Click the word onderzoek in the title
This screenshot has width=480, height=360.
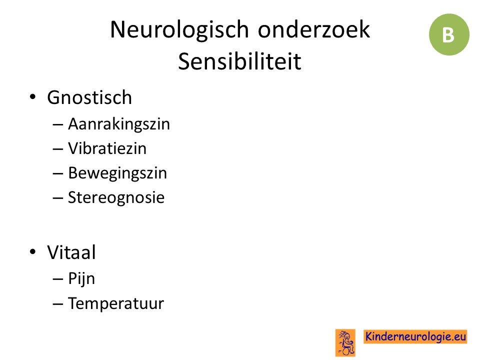(314, 29)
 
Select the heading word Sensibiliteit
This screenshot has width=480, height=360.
(239, 61)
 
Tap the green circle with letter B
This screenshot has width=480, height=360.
(449, 34)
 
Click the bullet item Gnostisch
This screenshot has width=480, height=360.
(89, 97)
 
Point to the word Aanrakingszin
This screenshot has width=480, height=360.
(119, 124)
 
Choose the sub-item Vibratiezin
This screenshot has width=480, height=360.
(107, 148)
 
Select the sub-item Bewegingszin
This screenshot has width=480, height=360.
(117, 173)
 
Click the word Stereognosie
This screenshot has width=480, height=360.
(116, 198)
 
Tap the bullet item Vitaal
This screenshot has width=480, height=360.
(71, 252)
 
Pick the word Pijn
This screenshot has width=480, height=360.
(81, 279)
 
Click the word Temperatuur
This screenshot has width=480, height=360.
(116, 303)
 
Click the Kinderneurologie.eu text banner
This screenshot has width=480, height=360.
(415, 336)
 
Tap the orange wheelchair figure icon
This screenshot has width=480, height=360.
(345, 342)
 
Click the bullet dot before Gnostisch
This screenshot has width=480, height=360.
(33, 97)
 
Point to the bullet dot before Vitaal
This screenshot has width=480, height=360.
(33, 251)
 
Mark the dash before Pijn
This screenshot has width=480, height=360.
(57, 279)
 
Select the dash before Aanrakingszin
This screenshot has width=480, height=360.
(57, 124)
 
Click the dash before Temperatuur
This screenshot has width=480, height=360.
(57, 304)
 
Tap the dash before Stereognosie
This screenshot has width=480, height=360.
(57, 198)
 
